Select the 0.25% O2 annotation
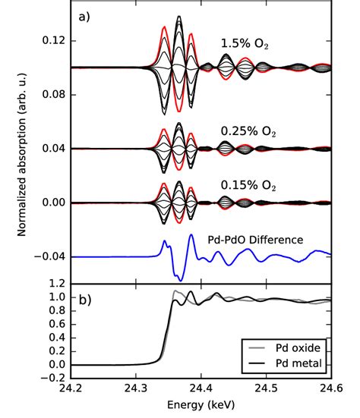point(248,131)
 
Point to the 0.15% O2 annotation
point(248,185)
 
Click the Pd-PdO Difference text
point(255,240)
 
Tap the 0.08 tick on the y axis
point(55,95)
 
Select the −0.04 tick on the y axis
point(52,257)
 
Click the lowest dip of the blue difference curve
point(179,278)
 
